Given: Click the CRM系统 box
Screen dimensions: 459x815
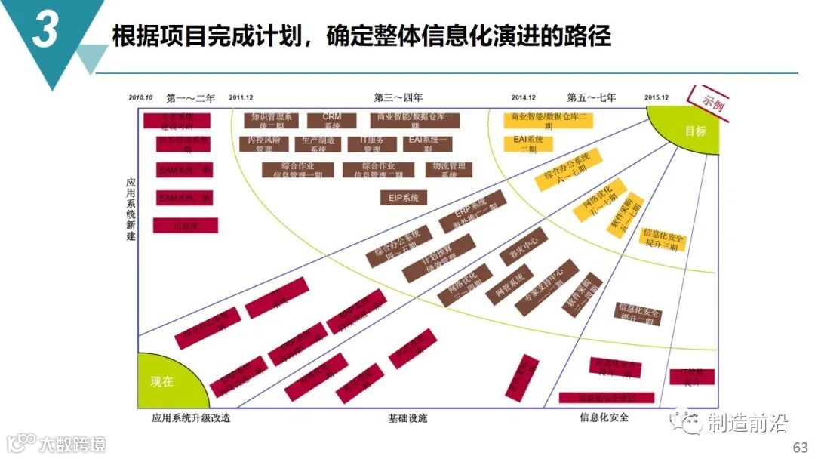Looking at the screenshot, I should pos(332,120).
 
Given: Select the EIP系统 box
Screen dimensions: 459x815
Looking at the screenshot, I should pos(404,198).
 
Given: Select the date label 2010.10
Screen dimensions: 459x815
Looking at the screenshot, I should pos(140,98).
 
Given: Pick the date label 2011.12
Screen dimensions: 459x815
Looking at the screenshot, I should pos(241,98).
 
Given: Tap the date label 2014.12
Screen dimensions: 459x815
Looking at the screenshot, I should pos(523,98).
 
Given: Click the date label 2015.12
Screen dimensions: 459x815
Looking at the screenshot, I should pos(657,98).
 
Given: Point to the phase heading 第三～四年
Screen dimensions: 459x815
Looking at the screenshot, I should pos(398,97).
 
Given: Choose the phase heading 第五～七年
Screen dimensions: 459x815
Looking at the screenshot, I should pos(592,97).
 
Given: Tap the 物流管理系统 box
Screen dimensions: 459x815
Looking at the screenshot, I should pos(449,170).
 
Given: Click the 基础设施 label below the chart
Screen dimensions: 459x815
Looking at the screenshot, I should pos(407,417).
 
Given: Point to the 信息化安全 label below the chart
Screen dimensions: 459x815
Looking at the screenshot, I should pos(604,417).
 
